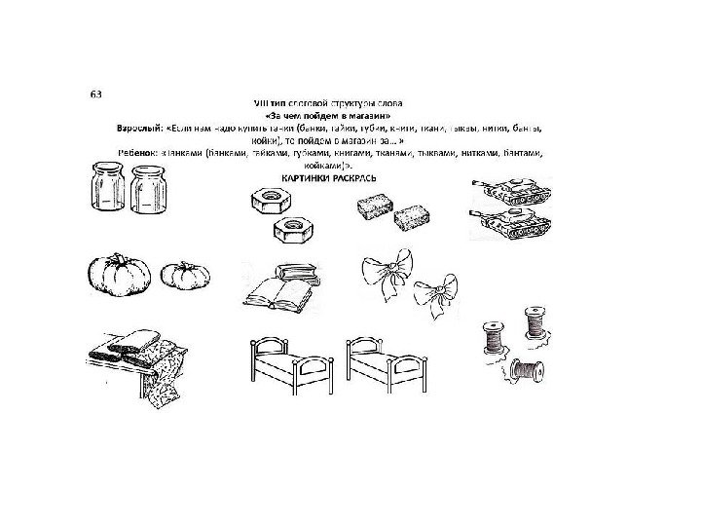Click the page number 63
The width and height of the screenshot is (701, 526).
click(x=96, y=94)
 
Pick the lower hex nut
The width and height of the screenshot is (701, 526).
click(x=289, y=232)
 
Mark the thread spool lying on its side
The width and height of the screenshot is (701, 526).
click(x=527, y=371)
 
